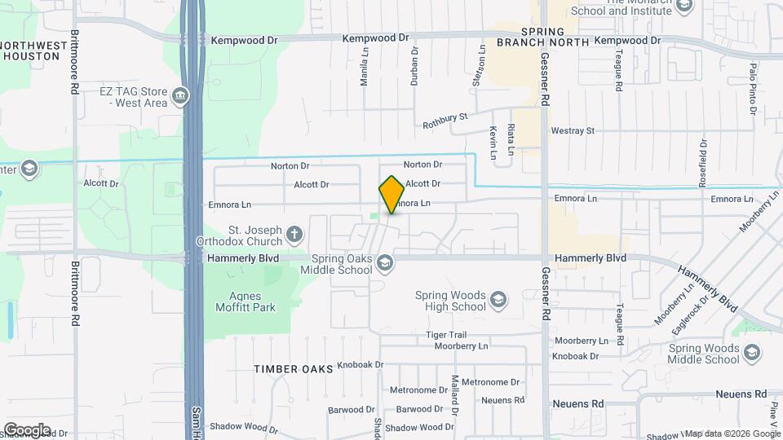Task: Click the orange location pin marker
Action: click(391, 195)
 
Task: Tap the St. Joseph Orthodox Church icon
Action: click(294, 236)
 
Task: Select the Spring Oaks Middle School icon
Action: click(384, 262)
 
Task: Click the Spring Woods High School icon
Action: click(497, 301)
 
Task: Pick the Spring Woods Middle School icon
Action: click(751, 353)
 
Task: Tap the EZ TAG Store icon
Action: click(179, 98)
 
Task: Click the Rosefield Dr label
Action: click(703, 160)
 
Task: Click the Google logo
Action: click(26, 429)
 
